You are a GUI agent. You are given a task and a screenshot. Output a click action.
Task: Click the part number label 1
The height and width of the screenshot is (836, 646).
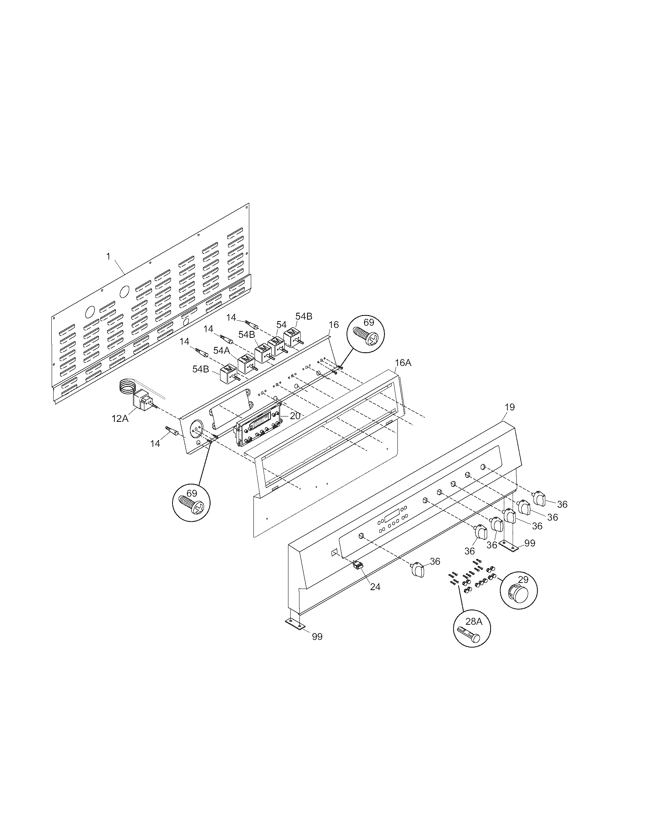pyautogui.click(x=108, y=256)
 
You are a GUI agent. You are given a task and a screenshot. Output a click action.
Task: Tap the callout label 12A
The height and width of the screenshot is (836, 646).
pyautogui.click(x=120, y=418)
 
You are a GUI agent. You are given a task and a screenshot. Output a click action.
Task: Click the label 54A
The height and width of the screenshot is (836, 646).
pyautogui.click(x=222, y=350)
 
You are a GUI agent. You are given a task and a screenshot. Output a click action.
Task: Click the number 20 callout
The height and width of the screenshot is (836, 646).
pyautogui.click(x=295, y=416)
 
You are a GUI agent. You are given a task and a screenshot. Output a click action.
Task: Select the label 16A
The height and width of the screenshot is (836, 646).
pyautogui.click(x=403, y=363)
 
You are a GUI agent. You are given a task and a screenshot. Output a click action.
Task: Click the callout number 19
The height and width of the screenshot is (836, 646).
pyautogui.click(x=509, y=407)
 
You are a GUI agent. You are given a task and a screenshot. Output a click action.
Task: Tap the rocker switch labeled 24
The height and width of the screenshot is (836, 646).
pyautogui.click(x=358, y=565)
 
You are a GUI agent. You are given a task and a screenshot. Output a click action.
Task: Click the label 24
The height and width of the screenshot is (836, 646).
pyautogui.click(x=375, y=586)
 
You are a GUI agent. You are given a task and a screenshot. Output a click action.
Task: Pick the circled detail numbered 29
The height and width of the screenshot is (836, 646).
pyautogui.click(x=518, y=591)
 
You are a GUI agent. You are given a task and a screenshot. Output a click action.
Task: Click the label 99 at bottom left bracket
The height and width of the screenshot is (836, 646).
pyautogui.click(x=317, y=636)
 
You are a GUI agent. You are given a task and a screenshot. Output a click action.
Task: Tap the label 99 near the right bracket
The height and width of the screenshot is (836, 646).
pyautogui.click(x=530, y=543)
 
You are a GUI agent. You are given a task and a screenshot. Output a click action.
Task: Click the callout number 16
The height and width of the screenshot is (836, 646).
pyautogui.click(x=334, y=325)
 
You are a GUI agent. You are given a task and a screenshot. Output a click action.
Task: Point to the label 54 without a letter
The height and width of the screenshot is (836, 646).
pyautogui.click(x=281, y=324)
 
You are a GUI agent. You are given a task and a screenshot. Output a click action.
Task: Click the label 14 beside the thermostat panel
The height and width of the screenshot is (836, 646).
pyautogui.click(x=155, y=443)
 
